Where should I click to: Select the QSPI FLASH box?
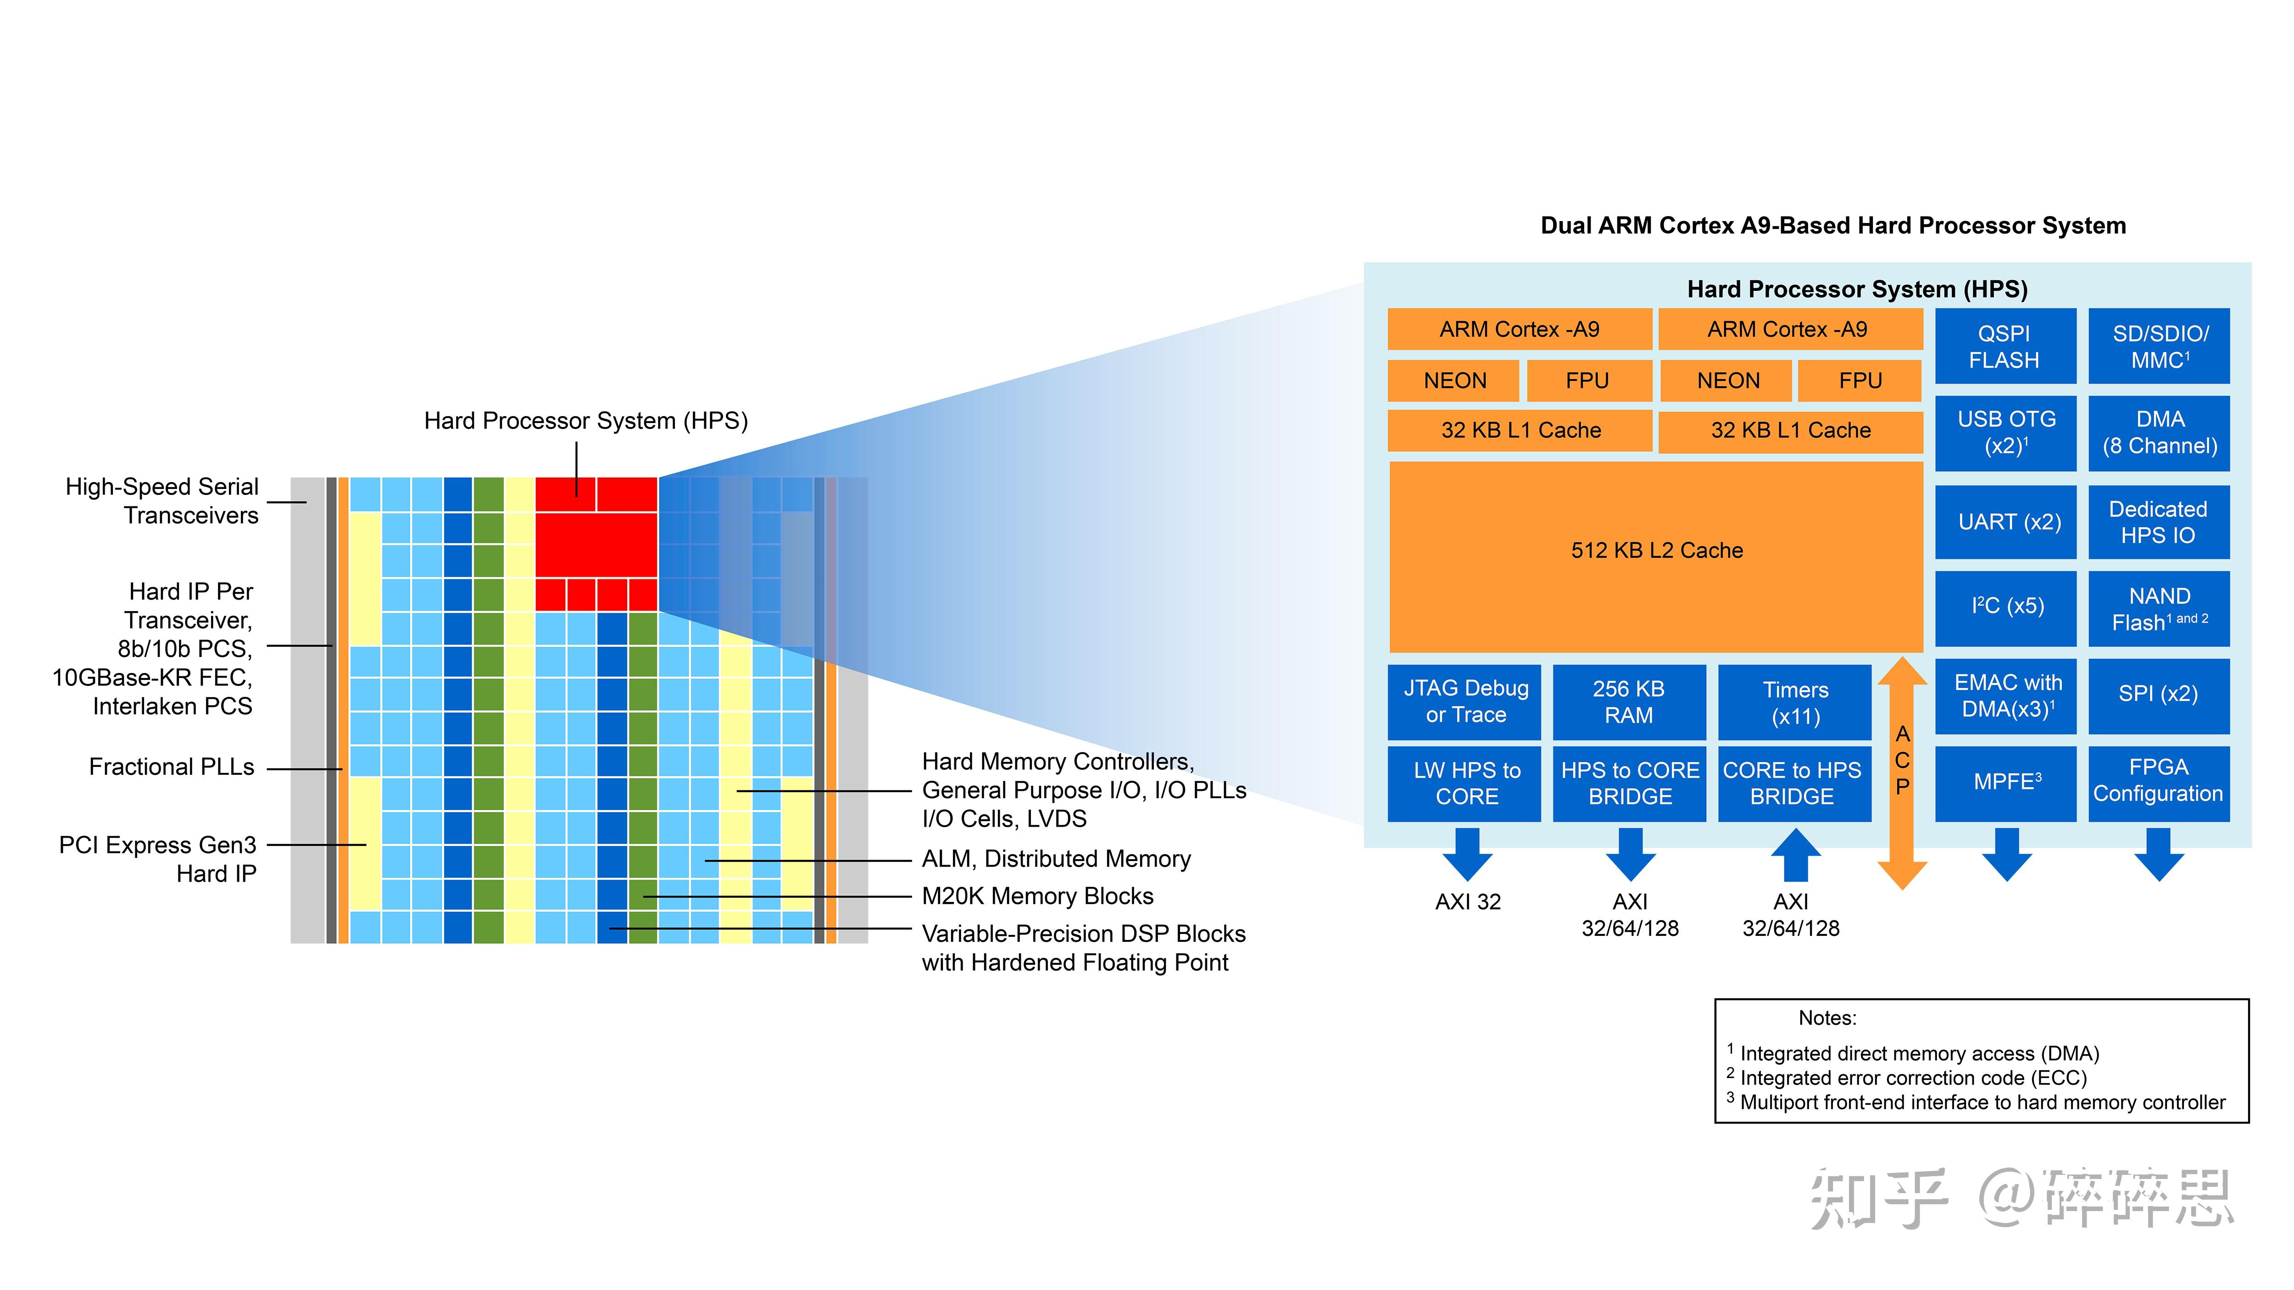(x=2004, y=346)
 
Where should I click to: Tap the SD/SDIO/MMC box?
(x=2159, y=346)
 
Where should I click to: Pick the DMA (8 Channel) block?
(x=2159, y=433)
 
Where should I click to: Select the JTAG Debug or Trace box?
(x=1465, y=701)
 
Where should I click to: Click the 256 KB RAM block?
(x=1629, y=701)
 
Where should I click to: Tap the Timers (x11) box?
(x=1794, y=701)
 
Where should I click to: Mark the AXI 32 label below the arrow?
(x=1468, y=902)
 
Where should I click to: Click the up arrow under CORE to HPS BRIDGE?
(x=1794, y=855)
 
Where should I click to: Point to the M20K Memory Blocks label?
(x=1037, y=896)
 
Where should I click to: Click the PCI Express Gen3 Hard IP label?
(x=158, y=859)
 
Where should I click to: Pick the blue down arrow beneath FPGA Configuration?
(x=2159, y=855)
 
